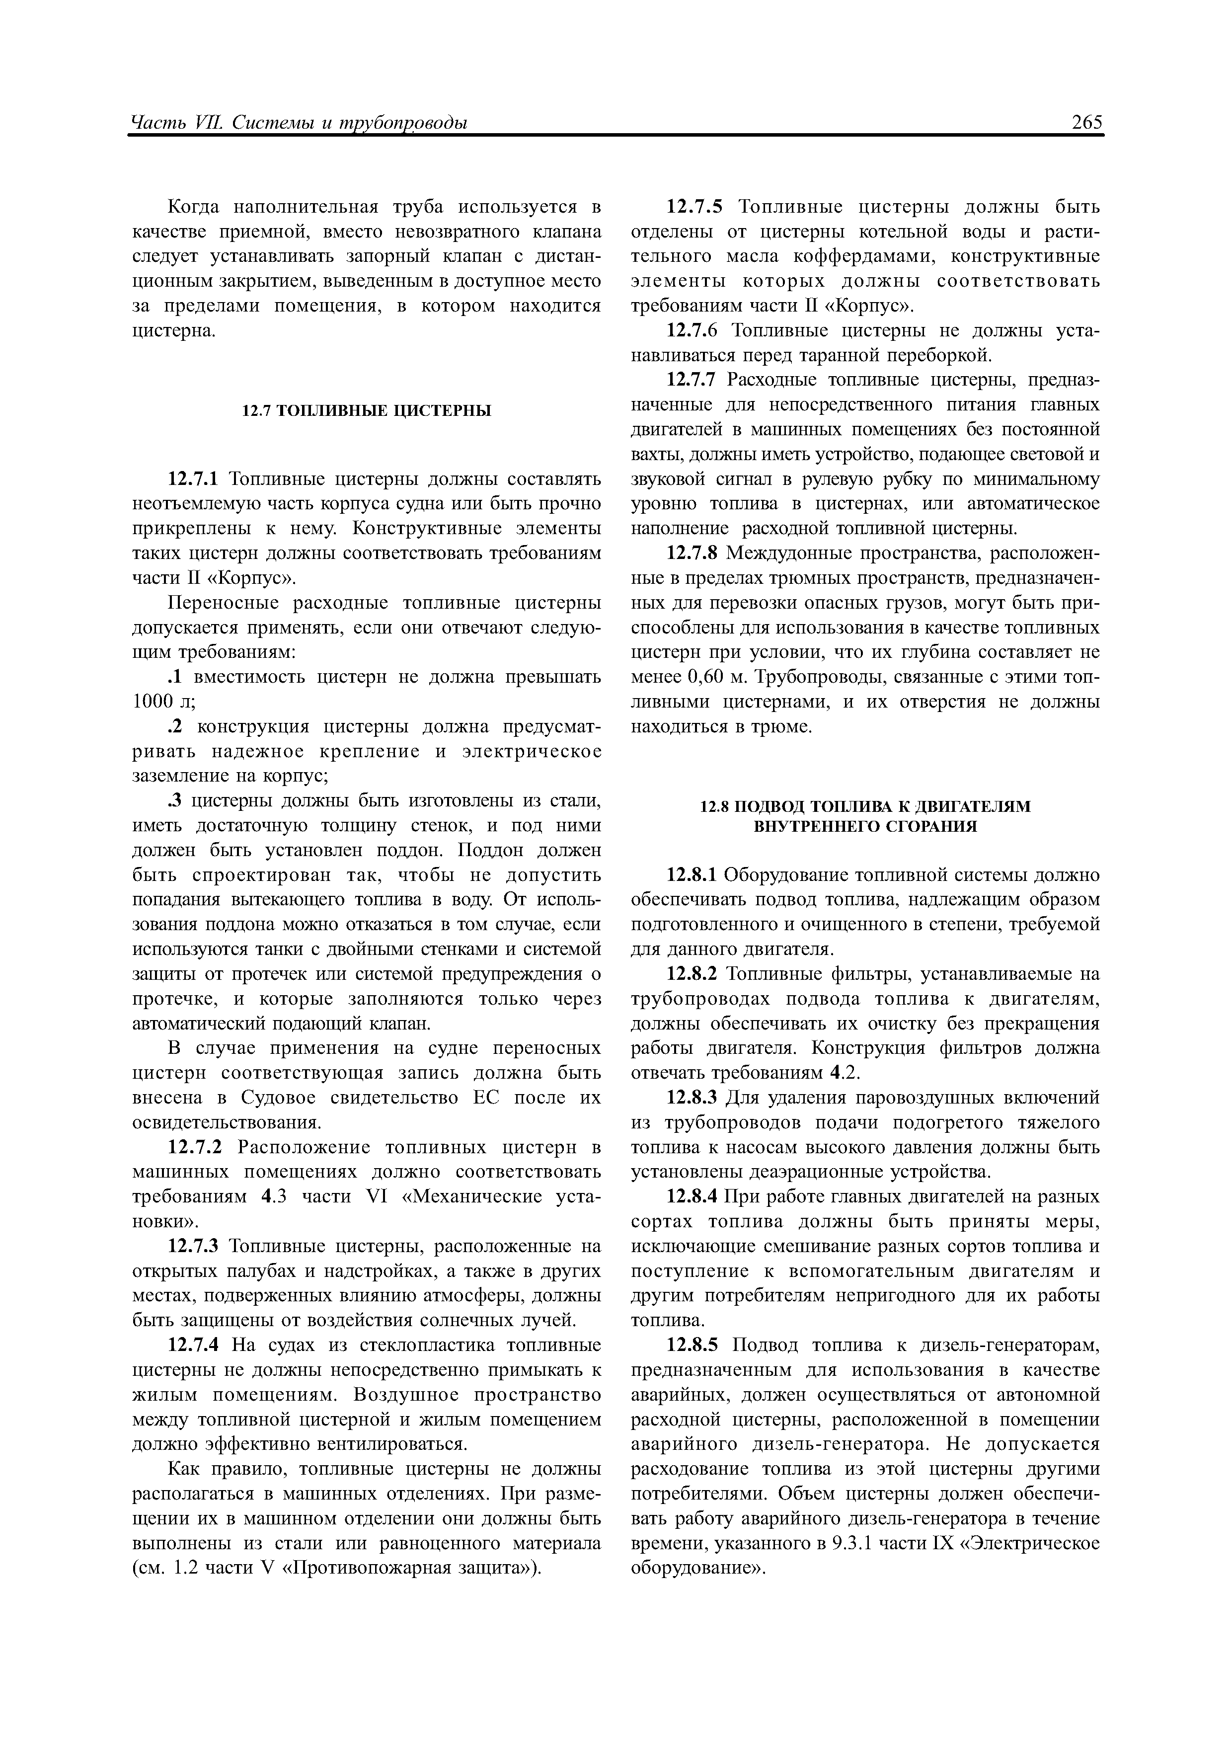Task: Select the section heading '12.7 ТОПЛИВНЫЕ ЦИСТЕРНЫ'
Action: pyautogui.click(x=367, y=411)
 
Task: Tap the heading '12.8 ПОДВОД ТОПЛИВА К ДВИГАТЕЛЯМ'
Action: pyautogui.click(x=864, y=805)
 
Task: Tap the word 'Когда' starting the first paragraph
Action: pyautogui.click(x=192, y=207)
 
